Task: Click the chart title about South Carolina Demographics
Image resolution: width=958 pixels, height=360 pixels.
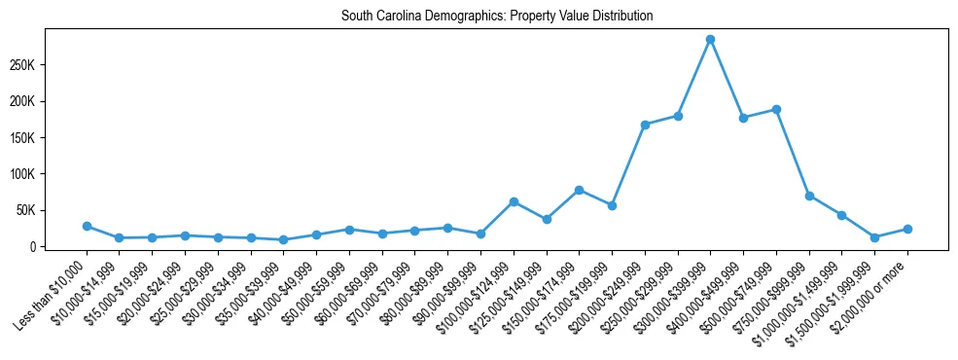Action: tap(497, 17)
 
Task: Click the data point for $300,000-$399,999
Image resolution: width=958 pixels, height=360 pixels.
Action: tap(710, 39)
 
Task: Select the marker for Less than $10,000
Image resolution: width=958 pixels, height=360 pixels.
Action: tap(87, 226)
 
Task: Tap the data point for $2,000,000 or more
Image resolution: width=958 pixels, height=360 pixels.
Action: tap(907, 229)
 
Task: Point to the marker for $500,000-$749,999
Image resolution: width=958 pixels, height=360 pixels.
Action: tap(776, 109)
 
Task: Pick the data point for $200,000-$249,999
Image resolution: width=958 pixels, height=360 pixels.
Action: tap(645, 125)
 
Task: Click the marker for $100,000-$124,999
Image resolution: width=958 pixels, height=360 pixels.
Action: tap(514, 201)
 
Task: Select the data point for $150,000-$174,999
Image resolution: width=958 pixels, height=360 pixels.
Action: tap(579, 190)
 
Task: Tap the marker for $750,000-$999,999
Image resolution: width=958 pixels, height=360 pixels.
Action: tap(809, 196)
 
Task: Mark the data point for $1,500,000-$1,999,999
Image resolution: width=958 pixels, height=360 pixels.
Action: tap(874, 237)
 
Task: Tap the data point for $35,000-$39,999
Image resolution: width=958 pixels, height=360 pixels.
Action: tap(283, 239)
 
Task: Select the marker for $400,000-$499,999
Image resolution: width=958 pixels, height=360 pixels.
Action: tap(743, 118)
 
